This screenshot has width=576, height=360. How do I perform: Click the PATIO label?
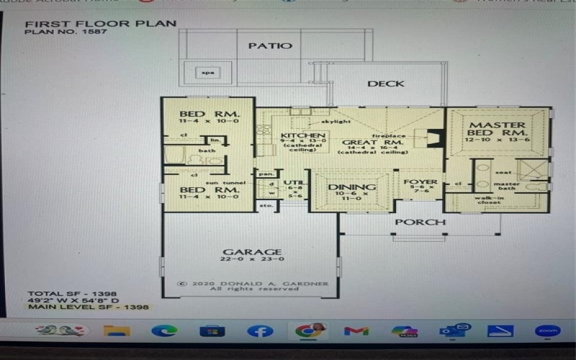[x=271, y=46]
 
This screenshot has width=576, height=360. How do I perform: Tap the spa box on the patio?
[x=208, y=73]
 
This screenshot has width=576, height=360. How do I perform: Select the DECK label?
[x=385, y=84]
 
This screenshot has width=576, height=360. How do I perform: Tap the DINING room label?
[x=352, y=187]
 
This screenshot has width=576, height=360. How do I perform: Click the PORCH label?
[x=420, y=222]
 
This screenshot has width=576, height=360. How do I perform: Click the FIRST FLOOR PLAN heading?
[x=100, y=23]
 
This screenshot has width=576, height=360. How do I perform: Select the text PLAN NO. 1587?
[x=58, y=32]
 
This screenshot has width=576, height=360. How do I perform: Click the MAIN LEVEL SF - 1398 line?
[x=88, y=307]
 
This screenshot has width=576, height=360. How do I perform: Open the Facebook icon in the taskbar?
[x=260, y=330]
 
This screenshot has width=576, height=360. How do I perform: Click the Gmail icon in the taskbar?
[x=356, y=330]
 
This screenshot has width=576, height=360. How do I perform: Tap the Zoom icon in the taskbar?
[x=546, y=330]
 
